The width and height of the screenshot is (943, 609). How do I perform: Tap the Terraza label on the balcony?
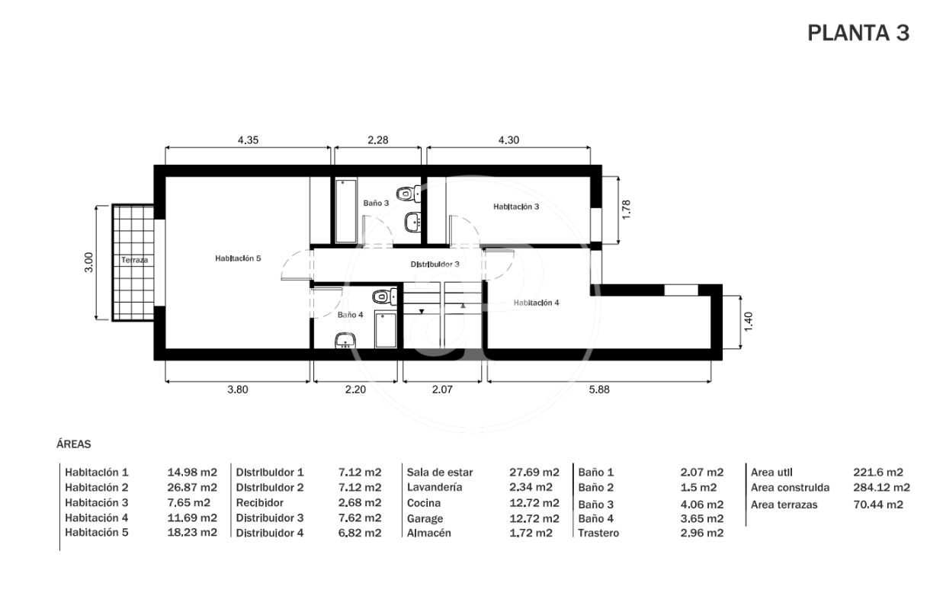click(x=134, y=260)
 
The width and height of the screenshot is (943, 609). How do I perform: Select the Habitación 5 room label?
click(x=238, y=258)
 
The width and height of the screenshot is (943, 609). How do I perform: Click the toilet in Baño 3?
click(x=409, y=194)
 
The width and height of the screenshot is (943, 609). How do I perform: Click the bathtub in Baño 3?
click(x=346, y=211)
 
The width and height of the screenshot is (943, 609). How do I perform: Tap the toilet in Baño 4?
click(x=384, y=296)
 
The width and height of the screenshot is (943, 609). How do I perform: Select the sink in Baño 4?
click(x=345, y=340)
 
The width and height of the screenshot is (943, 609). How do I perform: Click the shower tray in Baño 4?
click(x=386, y=330)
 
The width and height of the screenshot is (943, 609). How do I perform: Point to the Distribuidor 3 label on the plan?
click(x=435, y=264)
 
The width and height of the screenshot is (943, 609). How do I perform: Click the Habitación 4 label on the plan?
click(x=536, y=303)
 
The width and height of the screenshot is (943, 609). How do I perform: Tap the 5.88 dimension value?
click(x=598, y=389)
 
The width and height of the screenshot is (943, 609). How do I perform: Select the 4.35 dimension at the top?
click(x=248, y=140)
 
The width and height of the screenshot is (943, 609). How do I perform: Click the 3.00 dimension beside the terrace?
click(x=88, y=262)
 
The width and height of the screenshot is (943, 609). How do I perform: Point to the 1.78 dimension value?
click(x=626, y=209)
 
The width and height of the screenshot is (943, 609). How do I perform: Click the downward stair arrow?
click(x=422, y=312)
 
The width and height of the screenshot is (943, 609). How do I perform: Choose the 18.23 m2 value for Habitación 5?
click(x=192, y=533)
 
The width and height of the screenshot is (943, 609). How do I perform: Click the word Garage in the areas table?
click(x=425, y=519)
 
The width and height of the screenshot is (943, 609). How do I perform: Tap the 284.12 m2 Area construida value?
click(x=881, y=487)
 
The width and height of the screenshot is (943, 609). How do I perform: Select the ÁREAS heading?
click(x=74, y=444)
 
